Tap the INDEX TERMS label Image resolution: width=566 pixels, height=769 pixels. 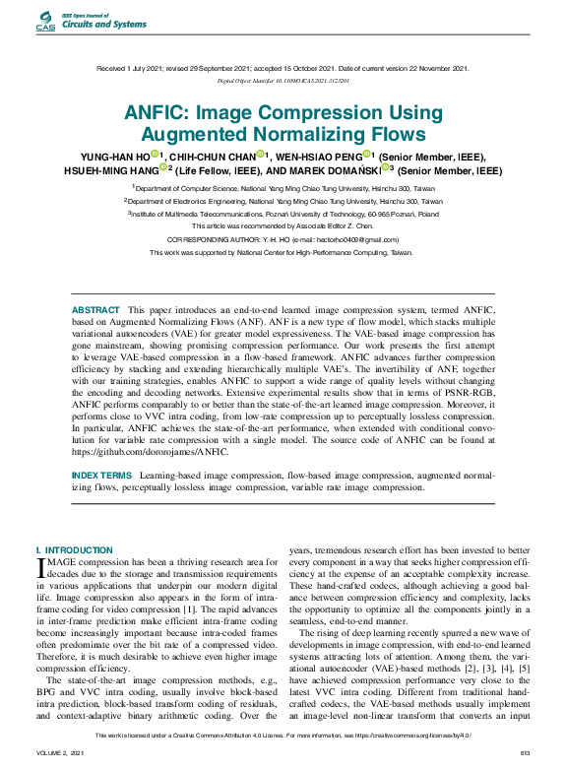click(x=101, y=475)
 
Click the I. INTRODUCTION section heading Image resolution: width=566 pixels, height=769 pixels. click(x=75, y=549)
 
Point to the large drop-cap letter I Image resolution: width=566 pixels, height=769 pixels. click(x=40, y=567)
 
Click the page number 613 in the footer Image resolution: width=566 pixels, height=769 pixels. click(x=525, y=753)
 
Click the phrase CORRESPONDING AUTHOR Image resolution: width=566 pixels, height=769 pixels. click(x=216, y=239)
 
